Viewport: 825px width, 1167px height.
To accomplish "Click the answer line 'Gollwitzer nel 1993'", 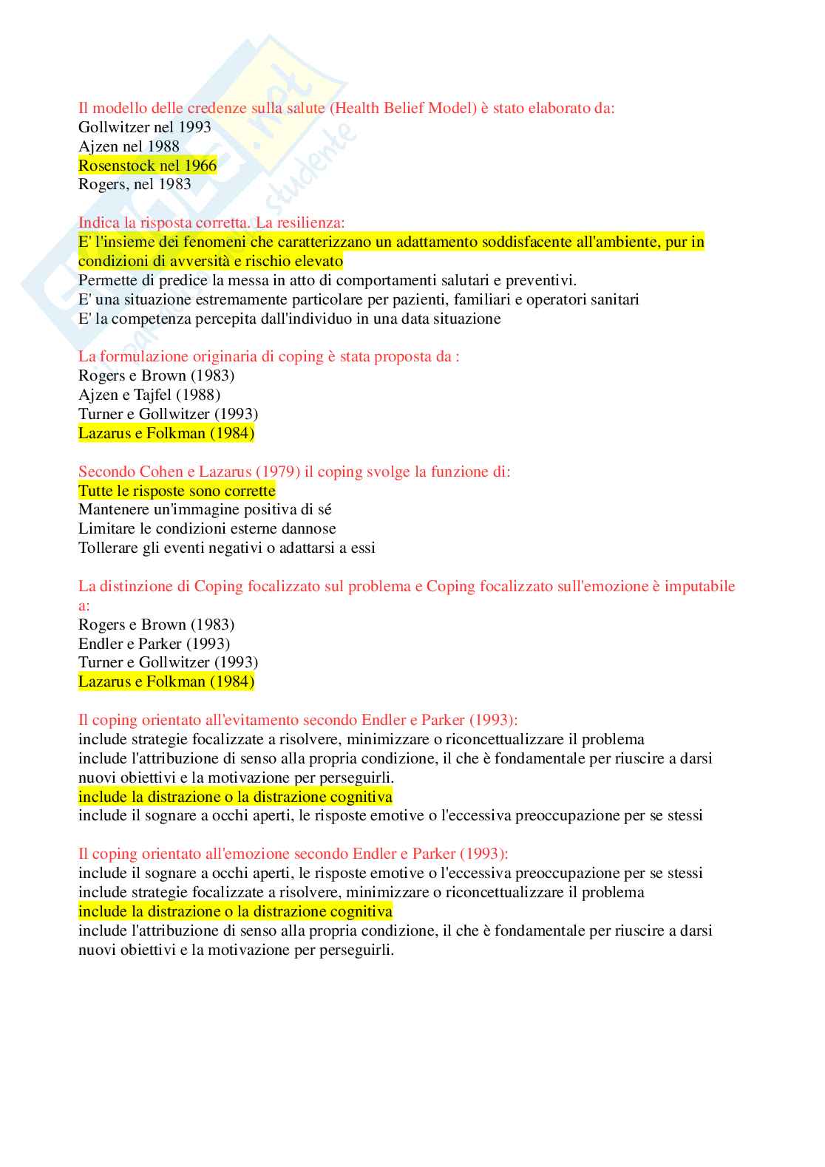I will coord(145,127).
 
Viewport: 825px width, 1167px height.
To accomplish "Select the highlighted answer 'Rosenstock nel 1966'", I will coord(147,166).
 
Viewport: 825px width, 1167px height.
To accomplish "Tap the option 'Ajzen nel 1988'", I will coord(129,146).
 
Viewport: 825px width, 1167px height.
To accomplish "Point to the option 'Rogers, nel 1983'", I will coord(135,184).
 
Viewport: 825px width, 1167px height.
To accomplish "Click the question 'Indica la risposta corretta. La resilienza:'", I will coord(211,222).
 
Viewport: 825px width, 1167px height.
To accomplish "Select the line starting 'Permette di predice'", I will coord(327,280).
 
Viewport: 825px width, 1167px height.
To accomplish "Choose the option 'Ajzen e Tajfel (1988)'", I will coord(149,395).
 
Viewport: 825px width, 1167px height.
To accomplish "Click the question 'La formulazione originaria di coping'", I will coord(268,356).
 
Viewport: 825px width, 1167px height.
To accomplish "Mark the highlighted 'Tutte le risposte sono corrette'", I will coord(177,491).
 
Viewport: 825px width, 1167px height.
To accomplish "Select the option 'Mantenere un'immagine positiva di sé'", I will coord(205,509).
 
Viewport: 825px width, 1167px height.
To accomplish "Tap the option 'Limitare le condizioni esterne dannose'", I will coord(207,528).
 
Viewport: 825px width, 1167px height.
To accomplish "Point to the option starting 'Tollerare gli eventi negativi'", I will coord(226,548).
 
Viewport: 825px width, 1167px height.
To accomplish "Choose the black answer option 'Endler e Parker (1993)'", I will coord(154,644).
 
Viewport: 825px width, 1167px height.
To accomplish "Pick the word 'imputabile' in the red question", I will coord(699,586).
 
